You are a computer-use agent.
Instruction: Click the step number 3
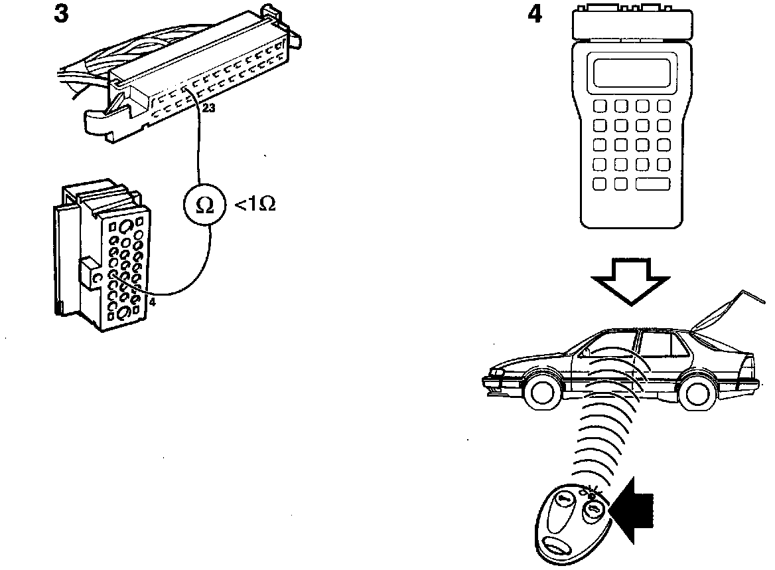tap(61, 14)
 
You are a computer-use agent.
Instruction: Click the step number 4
tap(534, 14)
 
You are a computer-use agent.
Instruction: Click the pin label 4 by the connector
tap(153, 303)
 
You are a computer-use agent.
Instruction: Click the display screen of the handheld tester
tap(631, 72)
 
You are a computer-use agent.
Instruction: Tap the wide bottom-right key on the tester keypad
tap(652, 183)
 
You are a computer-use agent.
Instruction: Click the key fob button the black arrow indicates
tap(591, 510)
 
